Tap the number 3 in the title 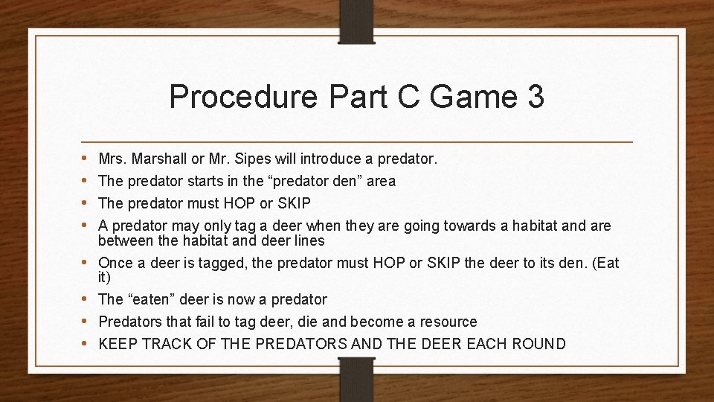(534, 98)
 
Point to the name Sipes (253, 159)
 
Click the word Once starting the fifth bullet (115, 263)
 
